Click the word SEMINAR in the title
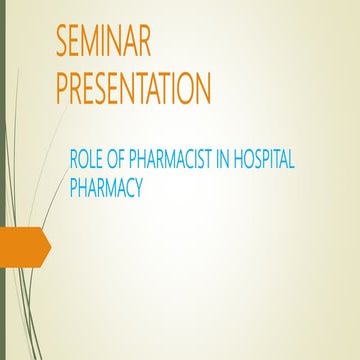pos(105,45)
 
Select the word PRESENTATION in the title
pos(133,88)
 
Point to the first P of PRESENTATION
pos(63,88)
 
